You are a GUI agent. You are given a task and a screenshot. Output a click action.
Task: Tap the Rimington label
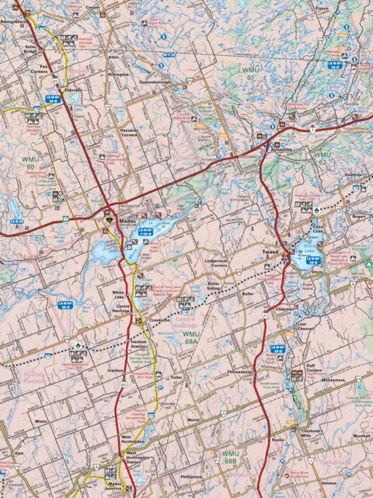tap(118, 75)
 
